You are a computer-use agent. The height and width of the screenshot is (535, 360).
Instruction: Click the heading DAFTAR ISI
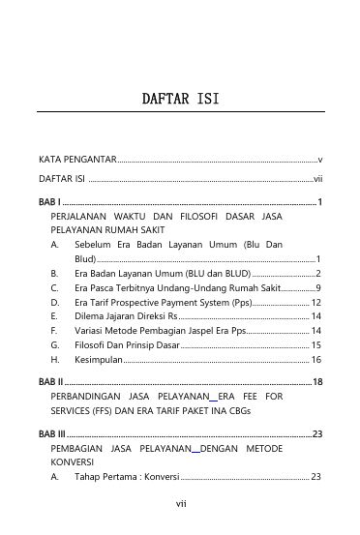(179, 98)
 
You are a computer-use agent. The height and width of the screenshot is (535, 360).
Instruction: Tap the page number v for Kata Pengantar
(319, 158)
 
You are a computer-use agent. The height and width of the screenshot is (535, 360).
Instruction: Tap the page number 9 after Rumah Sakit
(318, 288)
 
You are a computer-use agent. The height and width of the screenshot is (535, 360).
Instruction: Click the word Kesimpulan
(99, 359)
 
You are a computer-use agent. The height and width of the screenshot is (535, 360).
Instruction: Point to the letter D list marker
(54, 303)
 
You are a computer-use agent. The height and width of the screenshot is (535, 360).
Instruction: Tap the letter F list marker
(54, 331)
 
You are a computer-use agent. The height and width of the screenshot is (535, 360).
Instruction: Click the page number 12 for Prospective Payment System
(315, 303)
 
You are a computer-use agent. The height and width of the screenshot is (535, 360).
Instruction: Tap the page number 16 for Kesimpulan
(315, 359)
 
